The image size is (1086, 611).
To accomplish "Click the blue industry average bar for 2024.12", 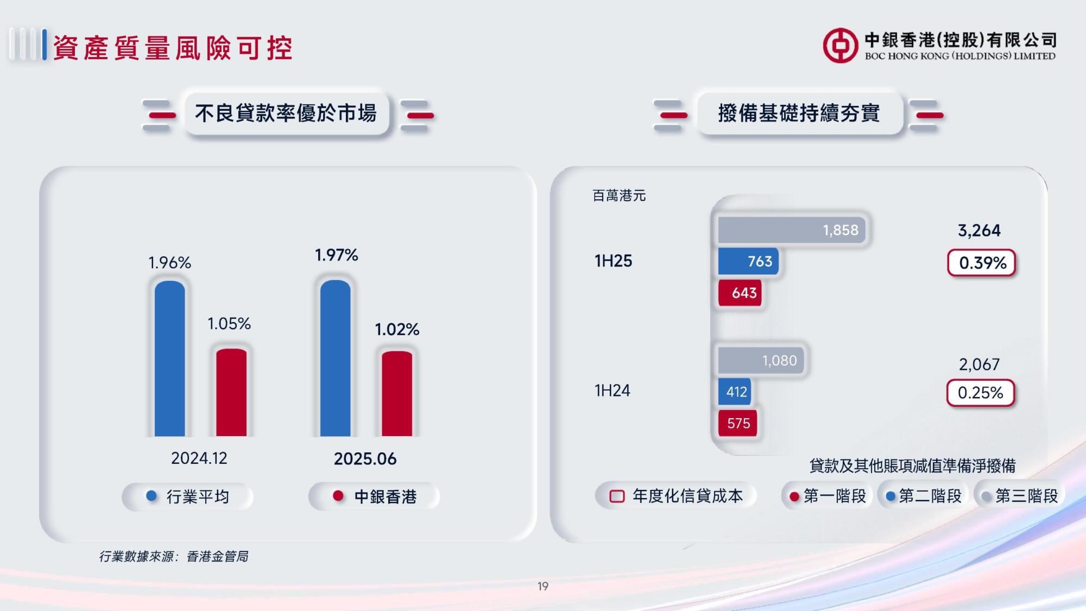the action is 170,358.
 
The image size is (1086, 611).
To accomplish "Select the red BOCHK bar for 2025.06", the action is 397,394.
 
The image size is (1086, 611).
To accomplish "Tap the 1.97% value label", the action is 337,255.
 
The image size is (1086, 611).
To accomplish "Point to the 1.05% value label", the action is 229,324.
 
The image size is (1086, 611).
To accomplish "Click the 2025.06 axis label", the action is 365,459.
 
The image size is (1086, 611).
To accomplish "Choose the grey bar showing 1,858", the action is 792,230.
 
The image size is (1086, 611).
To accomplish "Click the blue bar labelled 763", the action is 748,261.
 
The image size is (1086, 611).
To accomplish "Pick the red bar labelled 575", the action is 737,423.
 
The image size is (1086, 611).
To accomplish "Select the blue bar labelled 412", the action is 735,392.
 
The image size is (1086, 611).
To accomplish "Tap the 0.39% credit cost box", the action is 982,263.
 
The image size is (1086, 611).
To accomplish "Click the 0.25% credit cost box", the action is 981,393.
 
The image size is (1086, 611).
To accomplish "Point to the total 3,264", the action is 979,230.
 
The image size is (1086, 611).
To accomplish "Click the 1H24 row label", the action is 613,390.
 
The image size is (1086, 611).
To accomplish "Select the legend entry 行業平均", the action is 188,496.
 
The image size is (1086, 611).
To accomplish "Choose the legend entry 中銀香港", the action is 375,496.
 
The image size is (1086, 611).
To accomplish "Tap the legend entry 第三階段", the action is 1020,496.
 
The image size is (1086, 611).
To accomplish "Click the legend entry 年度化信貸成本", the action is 676,496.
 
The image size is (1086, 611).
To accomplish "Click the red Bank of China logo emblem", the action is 841,46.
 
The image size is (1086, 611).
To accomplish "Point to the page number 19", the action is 543,587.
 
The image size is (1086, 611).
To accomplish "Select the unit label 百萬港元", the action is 619,196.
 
